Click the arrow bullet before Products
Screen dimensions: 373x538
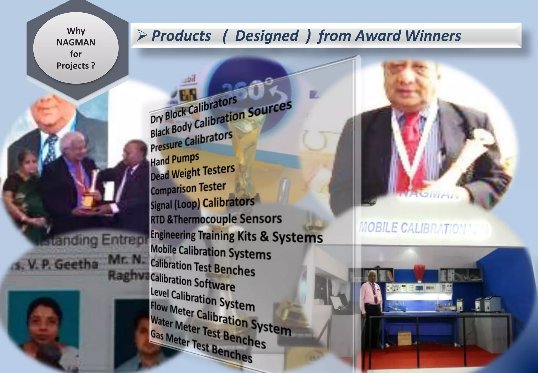point(142,36)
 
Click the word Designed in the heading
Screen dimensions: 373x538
point(267,36)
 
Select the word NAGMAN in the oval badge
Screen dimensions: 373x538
point(76,42)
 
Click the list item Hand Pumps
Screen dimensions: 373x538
point(175,159)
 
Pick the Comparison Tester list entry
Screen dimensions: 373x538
point(188,188)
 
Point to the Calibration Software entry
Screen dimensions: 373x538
point(193,282)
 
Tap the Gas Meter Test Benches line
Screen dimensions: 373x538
point(201,347)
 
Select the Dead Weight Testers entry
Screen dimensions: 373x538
point(193,173)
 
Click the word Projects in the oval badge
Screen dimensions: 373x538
point(73,66)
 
